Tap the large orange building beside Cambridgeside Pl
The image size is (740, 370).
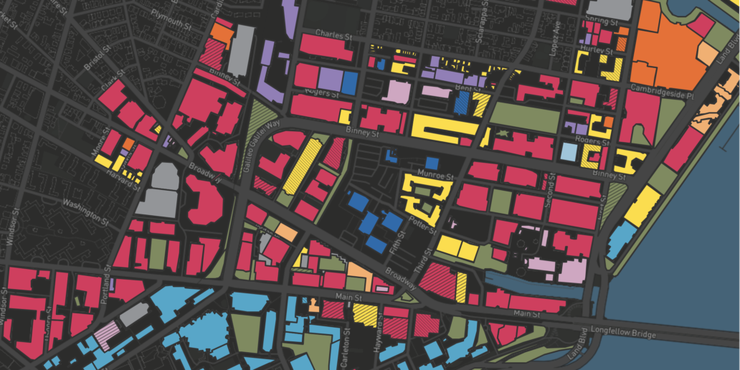click(x=663, y=50)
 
